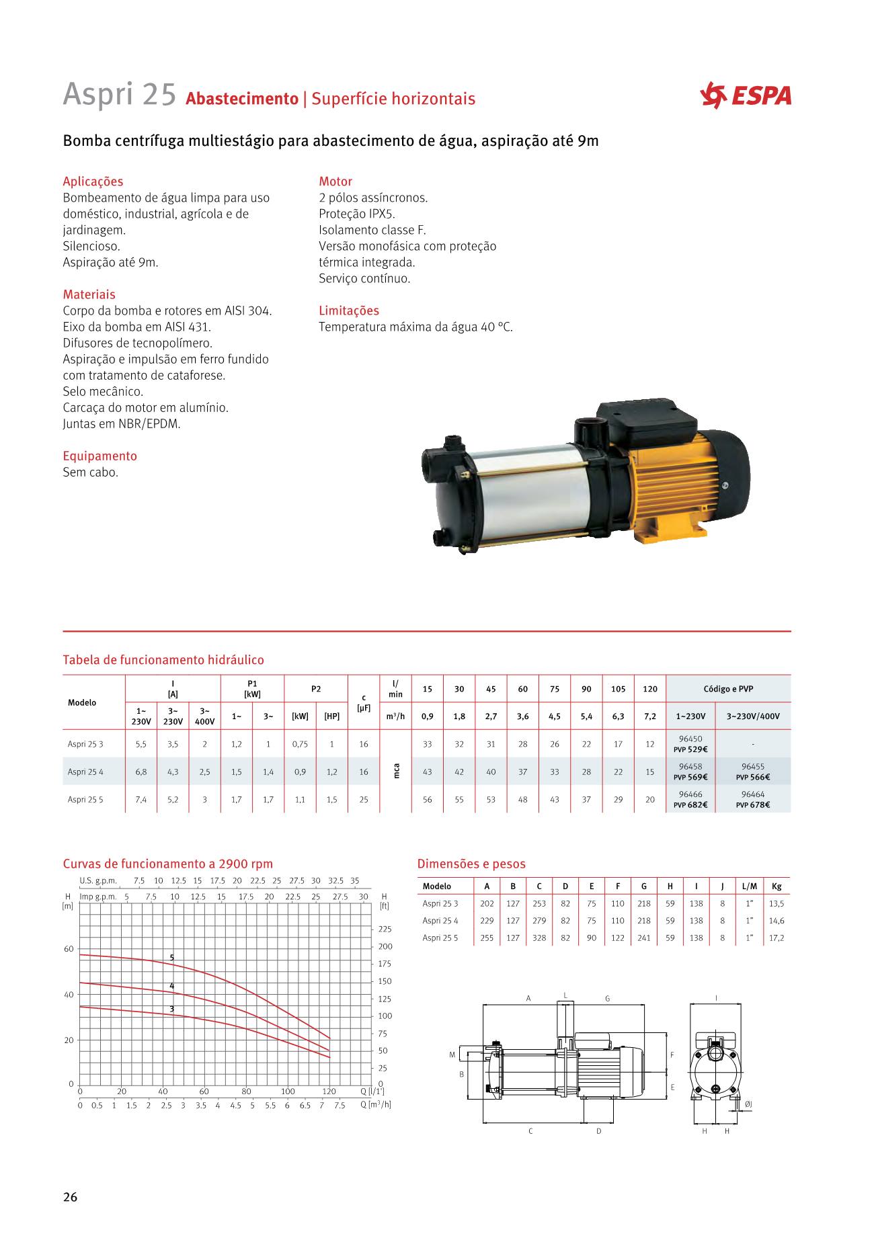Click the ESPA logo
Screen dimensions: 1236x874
click(x=746, y=95)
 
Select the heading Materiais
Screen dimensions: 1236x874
click(x=89, y=294)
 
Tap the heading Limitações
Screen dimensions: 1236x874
click(x=348, y=311)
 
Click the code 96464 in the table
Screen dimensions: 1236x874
click(x=752, y=794)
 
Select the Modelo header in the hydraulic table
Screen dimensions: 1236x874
click(x=82, y=702)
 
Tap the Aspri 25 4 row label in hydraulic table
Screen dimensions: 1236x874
click(x=85, y=772)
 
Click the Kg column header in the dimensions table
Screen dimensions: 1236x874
click(x=777, y=887)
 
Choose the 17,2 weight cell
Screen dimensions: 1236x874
click(x=777, y=938)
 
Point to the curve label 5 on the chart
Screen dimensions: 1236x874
click(x=172, y=956)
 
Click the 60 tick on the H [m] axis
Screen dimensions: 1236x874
click(x=69, y=949)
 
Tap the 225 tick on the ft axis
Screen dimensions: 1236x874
click(x=385, y=930)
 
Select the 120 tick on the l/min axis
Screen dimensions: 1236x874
click(x=329, y=1091)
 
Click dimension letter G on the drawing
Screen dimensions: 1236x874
click(x=607, y=999)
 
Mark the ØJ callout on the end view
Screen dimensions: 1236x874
click(x=748, y=1104)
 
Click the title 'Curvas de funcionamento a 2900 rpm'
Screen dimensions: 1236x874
click(x=168, y=864)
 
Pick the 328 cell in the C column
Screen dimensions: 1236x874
click(x=539, y=938)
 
